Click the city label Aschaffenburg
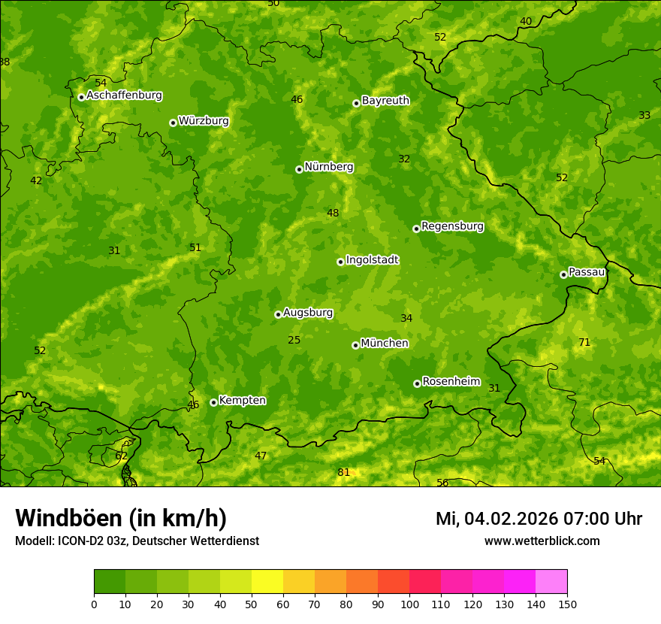click(124, 95)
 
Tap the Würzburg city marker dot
click(173, 123)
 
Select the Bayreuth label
click(385, 101)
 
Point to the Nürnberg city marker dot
click(299, 169)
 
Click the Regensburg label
click(452, 226)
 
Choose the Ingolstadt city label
click(372, 260)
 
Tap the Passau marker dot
click(563, 274)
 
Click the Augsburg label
click(308, 313)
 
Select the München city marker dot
click(355, 345)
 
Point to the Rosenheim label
click(451, 382)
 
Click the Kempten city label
click(242, 401)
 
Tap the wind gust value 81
click(344, 473)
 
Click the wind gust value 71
click(584, 343)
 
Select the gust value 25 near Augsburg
click(294, 341)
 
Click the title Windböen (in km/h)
click(121, 518)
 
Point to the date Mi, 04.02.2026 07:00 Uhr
click(539, 519)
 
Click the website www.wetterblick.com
click(542, 541)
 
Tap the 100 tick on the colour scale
click(409, 604)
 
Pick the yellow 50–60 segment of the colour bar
click(267, 582)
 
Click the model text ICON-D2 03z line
click(137, 541)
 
